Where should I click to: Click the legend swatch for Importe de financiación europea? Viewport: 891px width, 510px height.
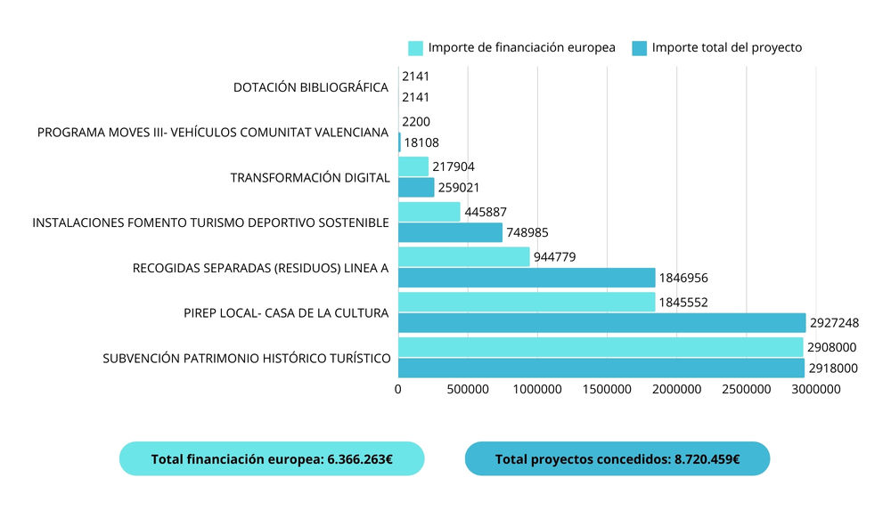pos(415,48)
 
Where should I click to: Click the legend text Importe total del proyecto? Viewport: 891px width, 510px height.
pos(727,48)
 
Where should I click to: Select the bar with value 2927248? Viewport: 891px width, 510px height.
pos(601,322)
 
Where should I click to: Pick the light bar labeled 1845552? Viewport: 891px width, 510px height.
pos(526,302)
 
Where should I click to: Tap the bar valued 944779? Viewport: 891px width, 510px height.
pos(463,256)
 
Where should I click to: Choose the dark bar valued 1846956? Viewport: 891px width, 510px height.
pos(526,278)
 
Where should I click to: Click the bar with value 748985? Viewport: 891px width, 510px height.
pos(450,232)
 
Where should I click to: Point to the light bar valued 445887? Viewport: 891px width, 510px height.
pos(429,212)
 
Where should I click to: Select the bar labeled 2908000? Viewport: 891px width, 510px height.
pos(601,346)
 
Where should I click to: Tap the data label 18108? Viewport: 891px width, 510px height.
pos(421,142)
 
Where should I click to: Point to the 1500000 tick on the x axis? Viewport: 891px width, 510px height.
pos(607,389)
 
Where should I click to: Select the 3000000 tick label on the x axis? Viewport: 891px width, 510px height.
pos(816,389)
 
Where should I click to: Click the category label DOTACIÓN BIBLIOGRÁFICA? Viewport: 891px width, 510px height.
pos(311,87)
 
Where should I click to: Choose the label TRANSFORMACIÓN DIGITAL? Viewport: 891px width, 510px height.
pos(310,178)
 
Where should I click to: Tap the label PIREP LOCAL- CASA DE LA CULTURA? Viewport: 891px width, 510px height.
pos(286,312)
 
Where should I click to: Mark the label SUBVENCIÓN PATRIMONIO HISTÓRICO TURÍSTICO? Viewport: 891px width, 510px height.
pos(247,359)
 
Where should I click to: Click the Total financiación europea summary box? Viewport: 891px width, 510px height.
pos(272,459)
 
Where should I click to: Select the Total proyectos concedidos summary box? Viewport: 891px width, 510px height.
pos(617,459)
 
